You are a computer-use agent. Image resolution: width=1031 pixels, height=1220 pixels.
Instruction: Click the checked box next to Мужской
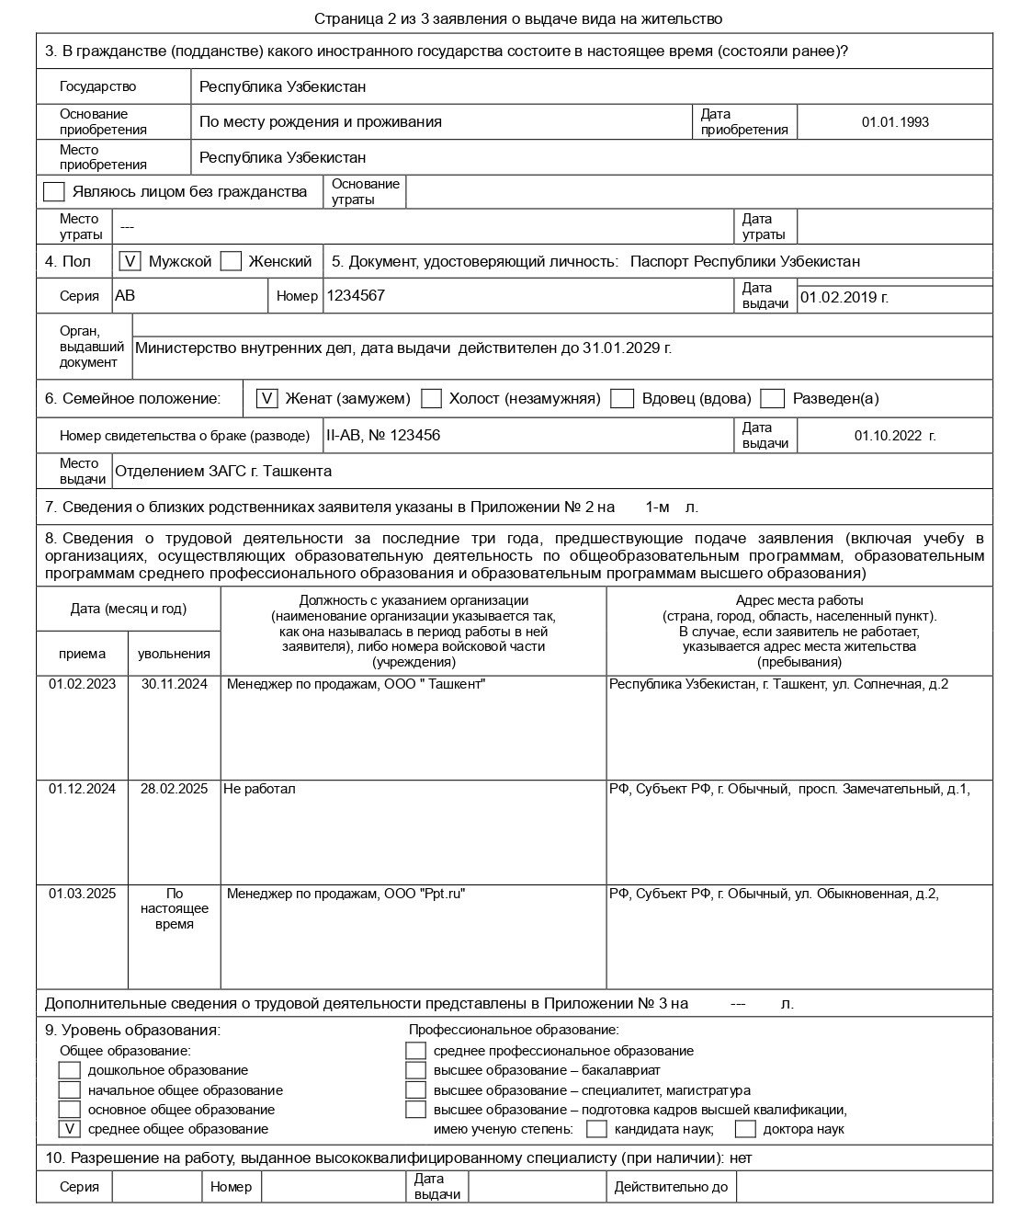point(130,261)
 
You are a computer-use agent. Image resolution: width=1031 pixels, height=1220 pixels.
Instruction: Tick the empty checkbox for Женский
point(232,261)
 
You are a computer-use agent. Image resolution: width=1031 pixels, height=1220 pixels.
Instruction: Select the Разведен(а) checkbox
point(773,398)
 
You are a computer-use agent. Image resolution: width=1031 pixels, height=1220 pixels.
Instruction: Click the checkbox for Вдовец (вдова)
point(623,398)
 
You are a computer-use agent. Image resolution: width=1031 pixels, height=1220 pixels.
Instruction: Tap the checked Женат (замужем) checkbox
point(266,398)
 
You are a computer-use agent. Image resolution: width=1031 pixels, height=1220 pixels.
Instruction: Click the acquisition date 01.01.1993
point(894,121)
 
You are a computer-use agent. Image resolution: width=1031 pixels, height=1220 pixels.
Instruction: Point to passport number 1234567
point(356,296)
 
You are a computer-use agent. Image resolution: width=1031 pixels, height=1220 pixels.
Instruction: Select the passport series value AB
point(125,296)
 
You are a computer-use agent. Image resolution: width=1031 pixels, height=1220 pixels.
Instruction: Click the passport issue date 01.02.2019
point(844,297)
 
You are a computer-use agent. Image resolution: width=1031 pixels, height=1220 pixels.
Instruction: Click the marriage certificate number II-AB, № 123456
point(383,435)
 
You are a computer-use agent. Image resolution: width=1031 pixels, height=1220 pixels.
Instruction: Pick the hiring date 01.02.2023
point(82,684)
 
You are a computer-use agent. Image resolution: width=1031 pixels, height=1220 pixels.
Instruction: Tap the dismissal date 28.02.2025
point(174,789)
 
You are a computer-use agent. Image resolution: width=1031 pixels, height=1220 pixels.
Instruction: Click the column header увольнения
point(174,654)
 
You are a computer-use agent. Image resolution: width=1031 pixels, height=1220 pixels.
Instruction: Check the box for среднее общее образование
point(70,1128)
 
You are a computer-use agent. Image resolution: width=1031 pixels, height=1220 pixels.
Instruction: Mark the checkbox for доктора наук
point(745,1128)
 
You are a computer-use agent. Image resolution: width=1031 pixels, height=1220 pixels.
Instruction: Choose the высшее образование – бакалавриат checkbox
point(416,1070)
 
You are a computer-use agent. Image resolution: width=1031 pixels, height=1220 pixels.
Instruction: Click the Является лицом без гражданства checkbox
point(54,191)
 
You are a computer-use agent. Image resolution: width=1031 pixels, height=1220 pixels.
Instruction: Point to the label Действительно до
point(671,1187)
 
